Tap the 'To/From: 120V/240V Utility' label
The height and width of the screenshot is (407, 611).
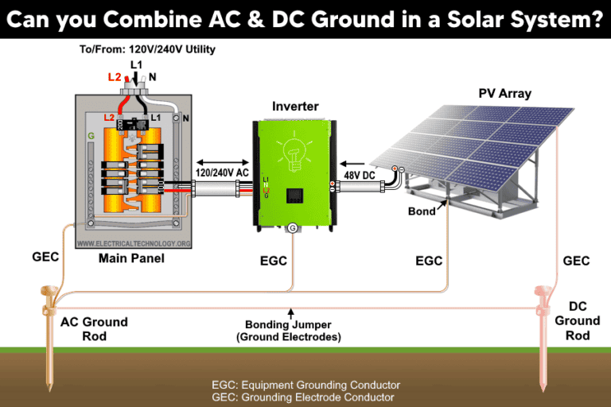pos(147,49)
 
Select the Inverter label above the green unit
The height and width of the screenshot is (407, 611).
pos(294,106)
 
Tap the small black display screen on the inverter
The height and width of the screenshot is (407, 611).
pos(295,195)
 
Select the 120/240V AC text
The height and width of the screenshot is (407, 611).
pos(221,172)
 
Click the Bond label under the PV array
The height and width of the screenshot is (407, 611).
pos(422,211)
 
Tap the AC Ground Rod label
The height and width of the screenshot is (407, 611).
pos(96,328)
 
